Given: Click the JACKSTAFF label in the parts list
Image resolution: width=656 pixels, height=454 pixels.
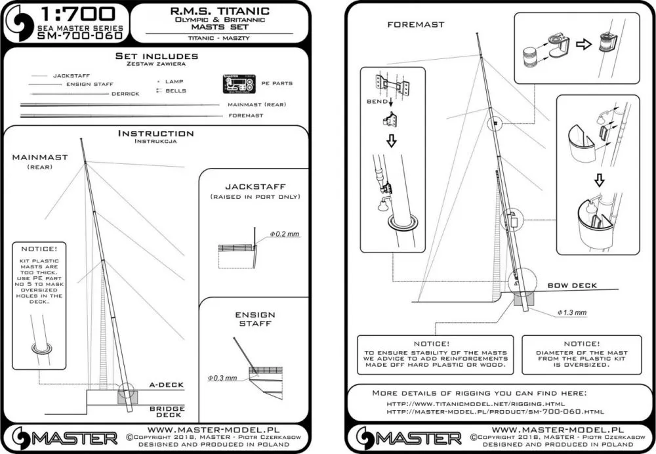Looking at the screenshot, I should click(x=72, y=76).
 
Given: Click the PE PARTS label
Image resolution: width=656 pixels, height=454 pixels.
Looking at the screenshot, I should click(x=277, y=84).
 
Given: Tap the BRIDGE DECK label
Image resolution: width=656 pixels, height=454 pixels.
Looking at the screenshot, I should click(x=167, y=412).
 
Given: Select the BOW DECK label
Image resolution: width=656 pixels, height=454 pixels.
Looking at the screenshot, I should click(x=572, y=285).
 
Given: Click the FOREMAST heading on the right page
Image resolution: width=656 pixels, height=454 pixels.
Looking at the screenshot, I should click(x=415, y=24).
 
